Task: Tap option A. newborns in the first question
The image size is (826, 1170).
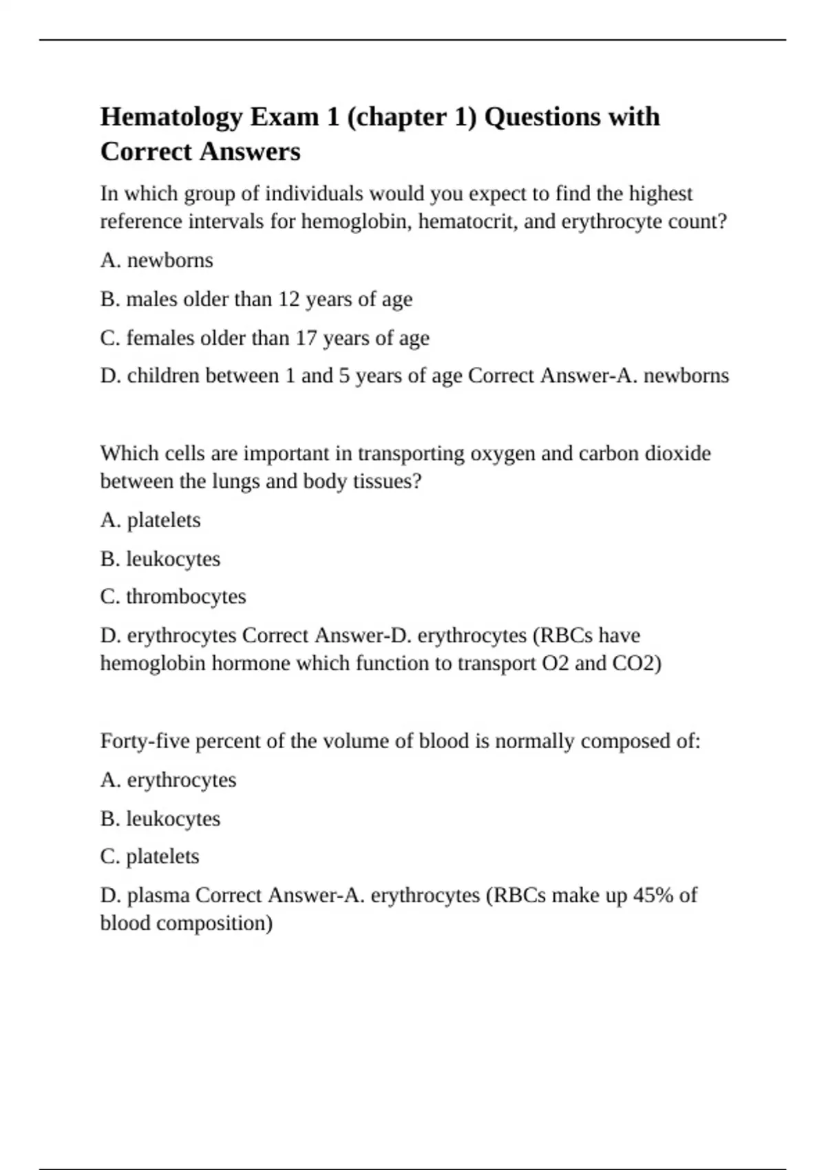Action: (157, 260)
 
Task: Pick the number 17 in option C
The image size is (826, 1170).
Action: (306, 338)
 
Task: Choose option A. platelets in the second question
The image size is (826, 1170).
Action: (151, 520)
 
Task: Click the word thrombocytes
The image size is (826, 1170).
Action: (186, 597)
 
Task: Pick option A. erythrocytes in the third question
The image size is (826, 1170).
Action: (169, 780)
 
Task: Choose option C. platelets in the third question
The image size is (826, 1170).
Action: (150, 857)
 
